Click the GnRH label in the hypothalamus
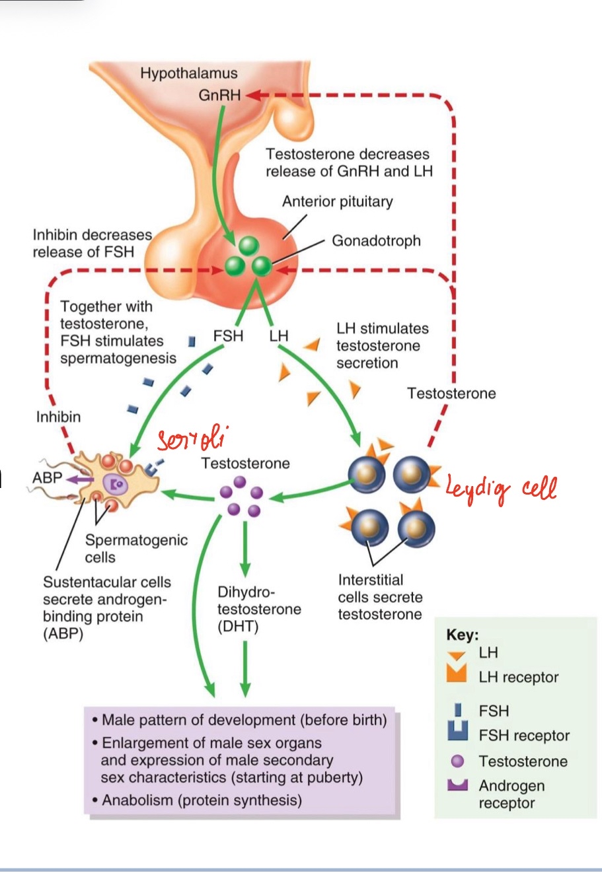(x=219, y=95)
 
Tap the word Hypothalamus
(x=188, y=73)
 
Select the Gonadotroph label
(x=376, y=240)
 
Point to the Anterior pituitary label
(x=337, y=201)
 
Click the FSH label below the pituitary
(x=228, y=335)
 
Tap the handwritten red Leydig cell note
(x=501, y=487)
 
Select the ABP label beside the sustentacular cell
(x=47, y=477)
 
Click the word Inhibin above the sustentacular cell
(x=58, y=417)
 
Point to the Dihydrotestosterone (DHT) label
(x=259, y=609)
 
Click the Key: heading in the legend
(x=463, y=635)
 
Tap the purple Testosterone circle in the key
(x=457, y=761)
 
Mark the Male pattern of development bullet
(x=239, y=719)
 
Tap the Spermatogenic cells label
(x=136, y=548)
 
